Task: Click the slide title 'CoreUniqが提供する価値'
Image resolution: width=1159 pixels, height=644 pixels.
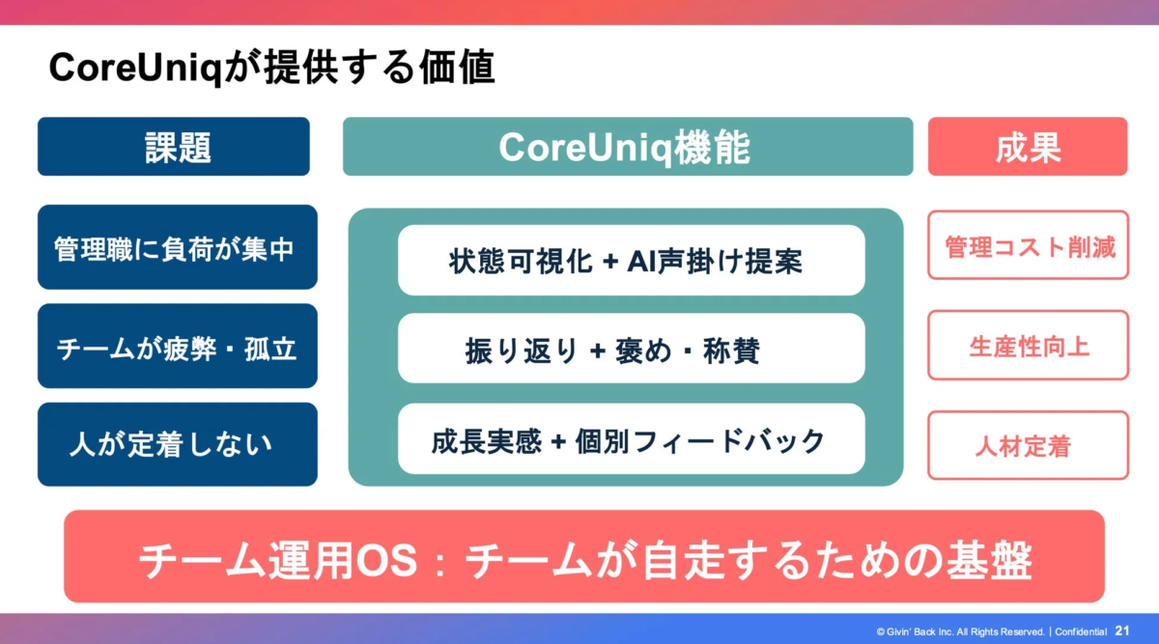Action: [271, 68]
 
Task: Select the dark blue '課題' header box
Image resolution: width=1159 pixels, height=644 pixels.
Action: [174, 147]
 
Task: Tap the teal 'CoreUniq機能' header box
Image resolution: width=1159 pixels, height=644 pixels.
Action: [627, 147]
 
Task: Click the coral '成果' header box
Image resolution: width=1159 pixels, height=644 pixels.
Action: [1028, 147]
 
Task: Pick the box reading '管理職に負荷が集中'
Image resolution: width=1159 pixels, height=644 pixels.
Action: [177, 247]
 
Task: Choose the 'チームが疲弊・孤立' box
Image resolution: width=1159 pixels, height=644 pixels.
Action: [177, 347]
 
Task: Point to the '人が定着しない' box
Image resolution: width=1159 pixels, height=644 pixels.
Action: [177, 444]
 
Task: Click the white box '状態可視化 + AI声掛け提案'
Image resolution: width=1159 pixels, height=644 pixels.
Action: [631, 260]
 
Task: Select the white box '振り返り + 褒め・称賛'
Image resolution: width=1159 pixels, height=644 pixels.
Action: [631, 350]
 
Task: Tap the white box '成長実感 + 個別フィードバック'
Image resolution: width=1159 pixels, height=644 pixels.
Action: [631, 440]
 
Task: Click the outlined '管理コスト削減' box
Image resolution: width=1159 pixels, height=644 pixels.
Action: [1029, 246]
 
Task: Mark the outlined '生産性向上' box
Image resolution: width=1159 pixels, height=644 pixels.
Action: [1029, 346]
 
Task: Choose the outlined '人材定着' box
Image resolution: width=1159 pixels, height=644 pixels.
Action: [1029, 446]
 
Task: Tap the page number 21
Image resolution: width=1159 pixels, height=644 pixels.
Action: [1122, 630]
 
